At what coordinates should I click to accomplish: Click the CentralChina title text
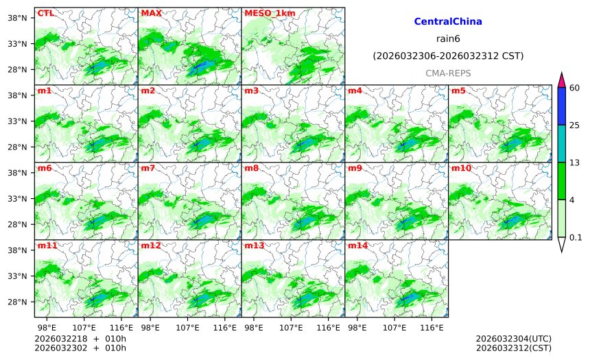(x=448, y=22)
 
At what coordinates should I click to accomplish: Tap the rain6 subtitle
(x=448, y=38)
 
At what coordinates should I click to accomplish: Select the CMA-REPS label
(x=448, y=72)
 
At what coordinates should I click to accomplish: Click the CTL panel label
(x=45, y=13)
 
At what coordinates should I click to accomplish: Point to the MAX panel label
(x=151, y=13)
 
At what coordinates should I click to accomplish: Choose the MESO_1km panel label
(x=265, y=13)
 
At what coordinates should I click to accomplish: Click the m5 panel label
(x=458, y=91)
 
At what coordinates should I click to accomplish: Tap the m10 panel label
(x=461, y=168)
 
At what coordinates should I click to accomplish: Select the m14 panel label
(x=357, y=245)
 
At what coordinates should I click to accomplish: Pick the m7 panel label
(x=148, y=168)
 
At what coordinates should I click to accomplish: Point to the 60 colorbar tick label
(x=575, y=88)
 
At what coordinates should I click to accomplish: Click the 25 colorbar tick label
(x=575, y=125)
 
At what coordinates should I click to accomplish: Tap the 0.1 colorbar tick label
(x=576, y=237)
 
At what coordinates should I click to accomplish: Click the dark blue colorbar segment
(x=561, y=106)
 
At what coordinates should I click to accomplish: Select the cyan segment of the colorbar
(x=561, y=143)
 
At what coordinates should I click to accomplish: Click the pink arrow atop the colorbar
(x=561, y=79)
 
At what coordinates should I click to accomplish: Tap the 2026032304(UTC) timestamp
(x=513, y=339)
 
